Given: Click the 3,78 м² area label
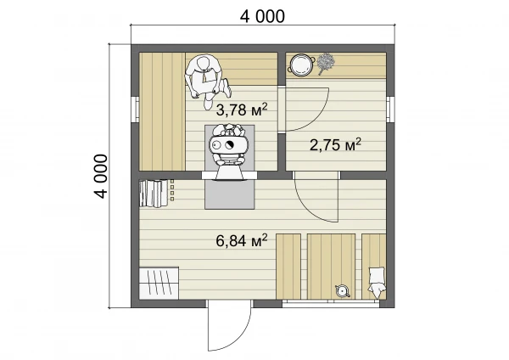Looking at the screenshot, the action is coord(242,110).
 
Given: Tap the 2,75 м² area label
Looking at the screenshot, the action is coord(335,144).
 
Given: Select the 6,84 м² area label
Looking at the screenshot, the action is coord(242,241).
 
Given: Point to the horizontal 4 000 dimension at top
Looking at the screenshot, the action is coord(262,16).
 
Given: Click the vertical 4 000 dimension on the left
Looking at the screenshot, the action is coord(101,176).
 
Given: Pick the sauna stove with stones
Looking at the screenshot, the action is coord(230,150).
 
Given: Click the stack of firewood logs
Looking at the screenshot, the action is coord(154,194).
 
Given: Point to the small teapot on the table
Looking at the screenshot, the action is coord(343,290).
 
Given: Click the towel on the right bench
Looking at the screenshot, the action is coord(377,282).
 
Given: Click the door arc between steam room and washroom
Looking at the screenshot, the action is coord(319,119).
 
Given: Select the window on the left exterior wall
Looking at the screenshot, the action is coord(135,110).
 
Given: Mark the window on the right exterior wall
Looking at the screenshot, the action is coord(391,110).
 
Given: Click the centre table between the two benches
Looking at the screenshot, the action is coord(331,266).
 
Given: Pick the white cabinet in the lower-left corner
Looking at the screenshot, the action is coord(159,283).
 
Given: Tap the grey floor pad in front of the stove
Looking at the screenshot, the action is coord(230,194).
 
